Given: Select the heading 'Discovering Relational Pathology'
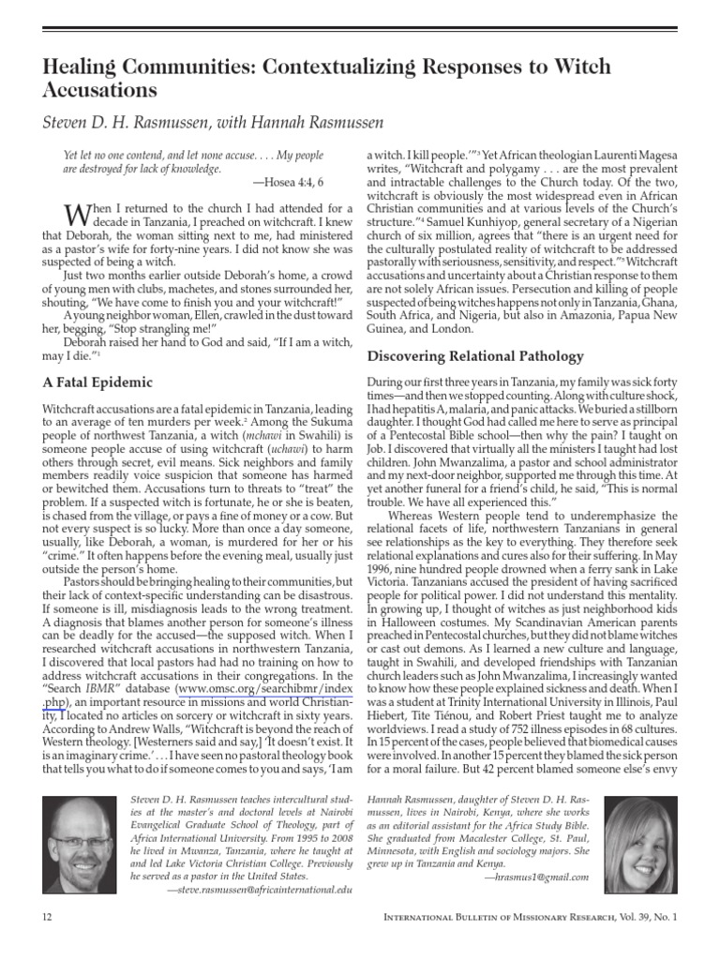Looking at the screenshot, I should click(475, 356).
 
